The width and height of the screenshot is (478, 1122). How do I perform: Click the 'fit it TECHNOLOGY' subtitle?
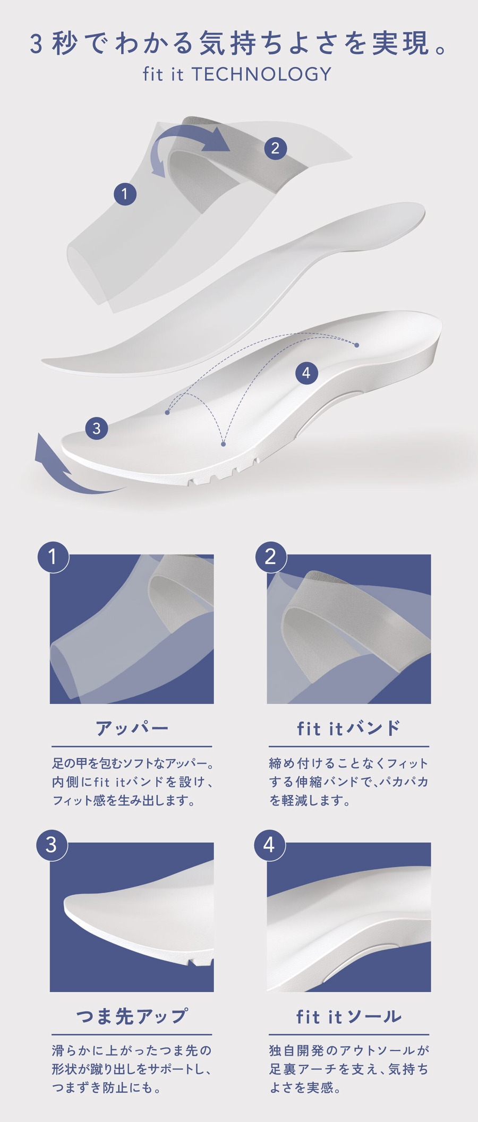click(x=237, y=74)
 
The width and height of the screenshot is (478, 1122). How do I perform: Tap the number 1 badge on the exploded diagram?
click(x=125, y=194)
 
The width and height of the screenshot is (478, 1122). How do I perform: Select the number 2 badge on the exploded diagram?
click(x=275, y=148)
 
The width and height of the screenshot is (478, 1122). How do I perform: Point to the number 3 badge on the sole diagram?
click(x=96, y=428)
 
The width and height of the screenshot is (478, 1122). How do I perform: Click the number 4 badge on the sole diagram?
click(x=306, y=373)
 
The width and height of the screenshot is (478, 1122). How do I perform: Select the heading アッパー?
click(x=132, y=728)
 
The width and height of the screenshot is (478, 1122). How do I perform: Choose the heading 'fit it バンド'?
click(x=348, y=728)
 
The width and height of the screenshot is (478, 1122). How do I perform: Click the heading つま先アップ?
click(x=132, y=1016)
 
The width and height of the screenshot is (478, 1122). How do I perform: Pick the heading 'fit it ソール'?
click(x=348, y=1016)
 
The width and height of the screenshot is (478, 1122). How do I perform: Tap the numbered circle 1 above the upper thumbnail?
click(x=53, y=556)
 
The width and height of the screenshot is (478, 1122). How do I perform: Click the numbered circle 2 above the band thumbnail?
click(x=270, y=556)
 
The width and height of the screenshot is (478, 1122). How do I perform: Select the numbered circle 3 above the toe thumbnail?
click(x=52, y=844)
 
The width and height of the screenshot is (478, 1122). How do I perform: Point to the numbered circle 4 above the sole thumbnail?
click(x=269, y=844)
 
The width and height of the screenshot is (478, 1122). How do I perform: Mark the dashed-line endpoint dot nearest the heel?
click(x=357, y=345)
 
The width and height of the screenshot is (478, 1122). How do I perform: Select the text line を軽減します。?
click(x=310, y=800)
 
